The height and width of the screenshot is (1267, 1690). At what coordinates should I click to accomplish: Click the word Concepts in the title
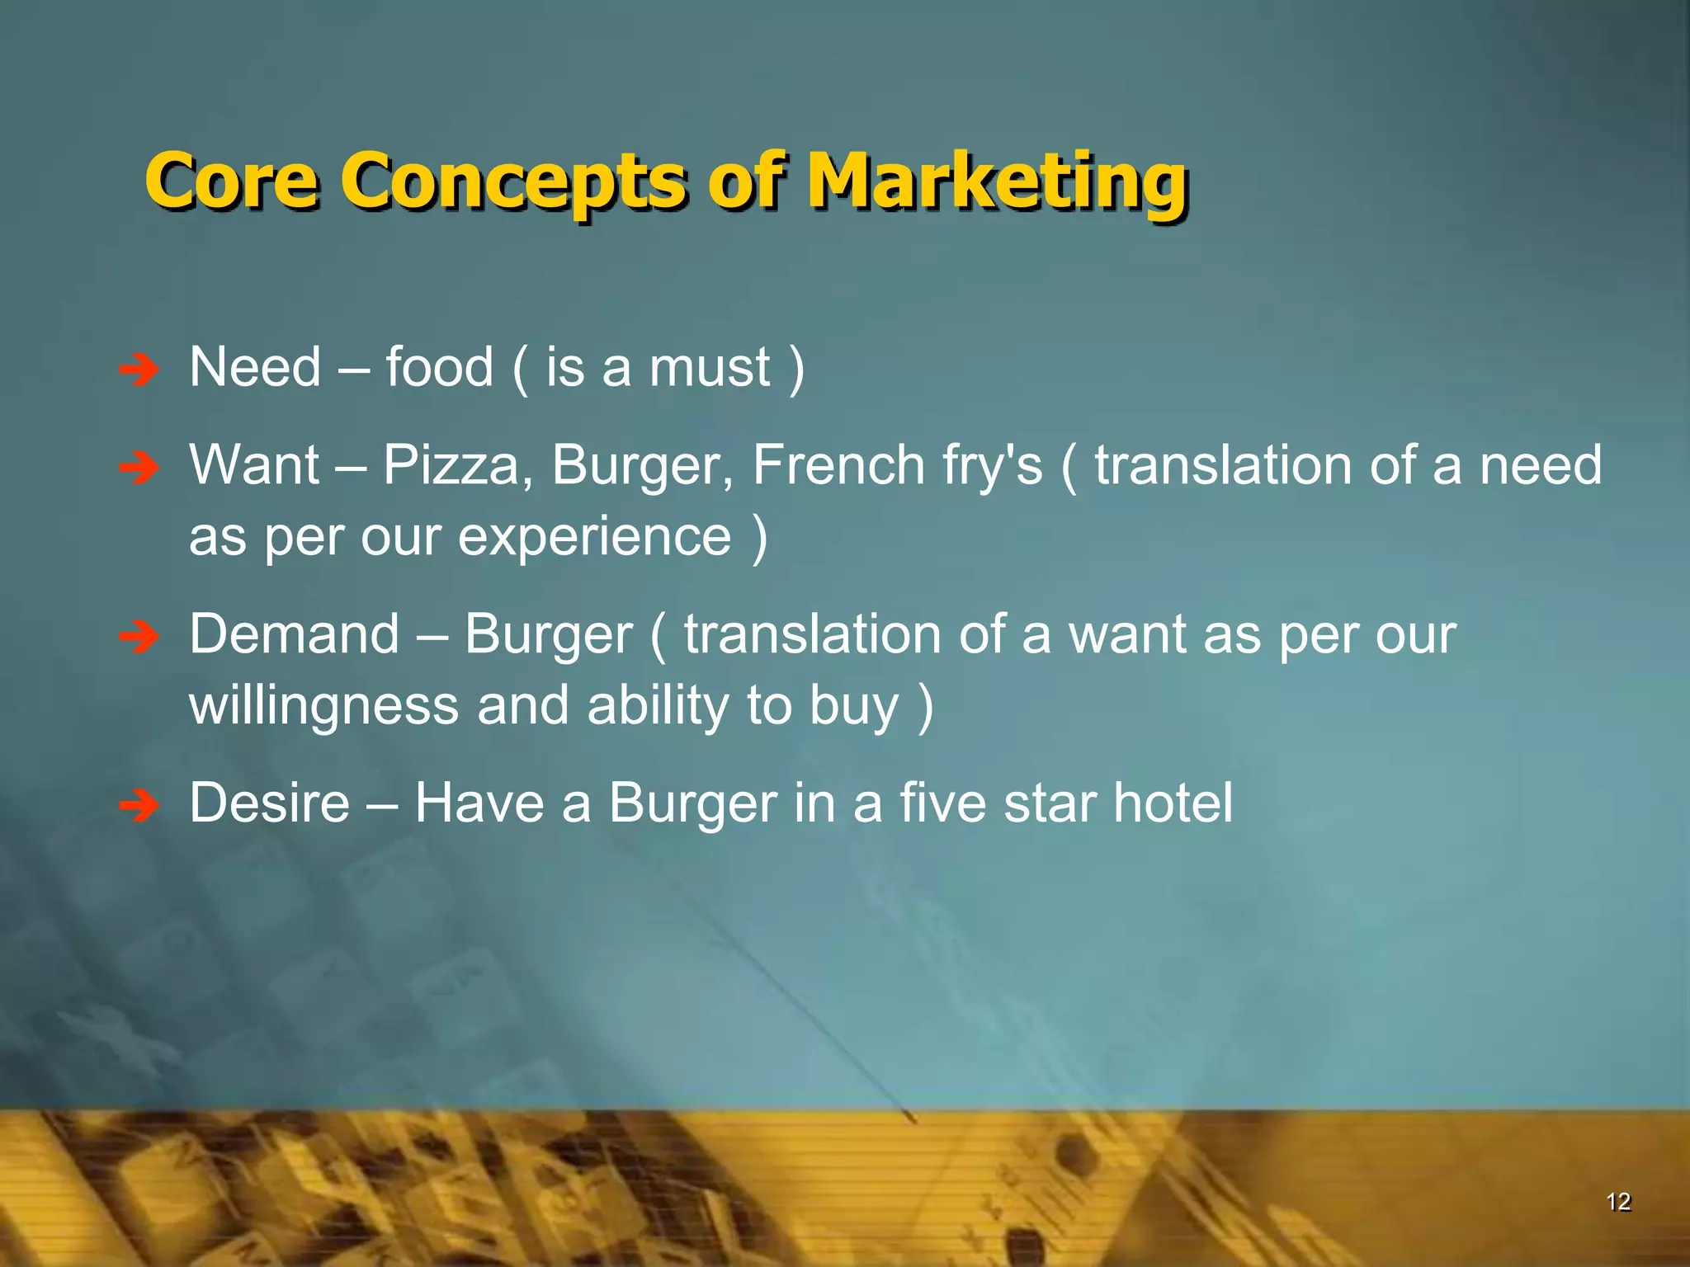[512, 181]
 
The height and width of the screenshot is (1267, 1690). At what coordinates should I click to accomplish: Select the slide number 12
[1618, 1202]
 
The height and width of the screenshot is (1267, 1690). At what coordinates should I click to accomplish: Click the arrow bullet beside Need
[139, 371]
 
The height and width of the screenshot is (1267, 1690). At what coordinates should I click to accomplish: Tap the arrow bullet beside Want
[139, 469]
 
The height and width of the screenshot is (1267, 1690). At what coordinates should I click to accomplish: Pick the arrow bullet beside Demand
[139, 638]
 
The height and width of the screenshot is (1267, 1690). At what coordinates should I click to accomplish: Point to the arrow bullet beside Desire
[139, 806]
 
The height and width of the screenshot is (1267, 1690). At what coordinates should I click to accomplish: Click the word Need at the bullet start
[255, 367]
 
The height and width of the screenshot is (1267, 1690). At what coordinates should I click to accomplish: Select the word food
[439, 367]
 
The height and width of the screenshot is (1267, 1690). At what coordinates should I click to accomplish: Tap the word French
[838, 465]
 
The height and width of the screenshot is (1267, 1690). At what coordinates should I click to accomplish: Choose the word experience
[594, 538]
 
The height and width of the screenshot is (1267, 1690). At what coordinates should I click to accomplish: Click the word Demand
[294, 634]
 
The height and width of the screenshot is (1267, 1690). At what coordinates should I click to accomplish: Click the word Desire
[269, 803]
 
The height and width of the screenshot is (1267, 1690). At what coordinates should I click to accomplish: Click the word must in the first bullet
[710, 369]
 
